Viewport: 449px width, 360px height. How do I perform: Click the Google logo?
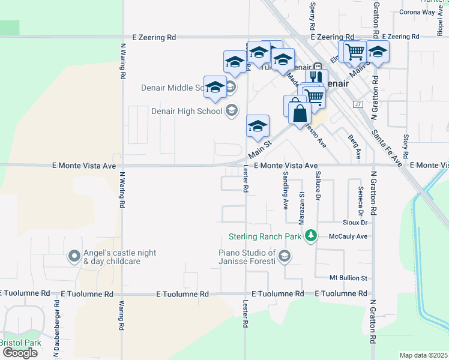(x=19, y=353)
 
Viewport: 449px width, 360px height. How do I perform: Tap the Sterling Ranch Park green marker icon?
(x=310, y=236)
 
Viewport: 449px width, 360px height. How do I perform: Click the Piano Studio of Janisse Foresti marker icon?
(x=285, y=257)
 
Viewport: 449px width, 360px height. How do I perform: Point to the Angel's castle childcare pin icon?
(x=74, y=257)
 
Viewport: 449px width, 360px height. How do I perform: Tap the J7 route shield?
(x=358, y=104)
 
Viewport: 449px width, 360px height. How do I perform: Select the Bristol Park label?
(x=20, y=343)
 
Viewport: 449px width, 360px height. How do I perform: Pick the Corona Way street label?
(x=417, y=12)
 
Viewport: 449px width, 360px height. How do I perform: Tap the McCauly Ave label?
(x=348, y=236)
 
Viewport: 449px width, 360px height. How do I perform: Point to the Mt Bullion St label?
(x=348, y=278)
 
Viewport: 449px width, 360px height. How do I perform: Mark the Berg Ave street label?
(x=354, y=146)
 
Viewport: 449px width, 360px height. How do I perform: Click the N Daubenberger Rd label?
(x=58, y=324)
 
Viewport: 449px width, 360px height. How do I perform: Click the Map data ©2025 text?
(x=423, y=355)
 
